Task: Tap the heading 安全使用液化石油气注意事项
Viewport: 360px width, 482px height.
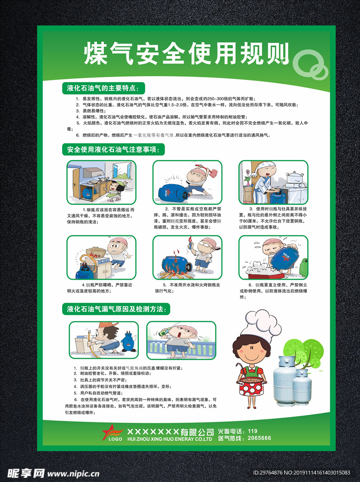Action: (x=113, y=150)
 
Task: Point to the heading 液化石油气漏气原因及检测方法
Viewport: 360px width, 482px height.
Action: (x=116, y=309)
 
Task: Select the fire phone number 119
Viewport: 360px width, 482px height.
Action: (x=252, y=431)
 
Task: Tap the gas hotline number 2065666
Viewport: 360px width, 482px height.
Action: (x=259, y=438)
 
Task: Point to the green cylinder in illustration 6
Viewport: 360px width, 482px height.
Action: (x=304, y=267)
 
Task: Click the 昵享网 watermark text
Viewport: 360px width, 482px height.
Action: (x=26, y=472)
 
